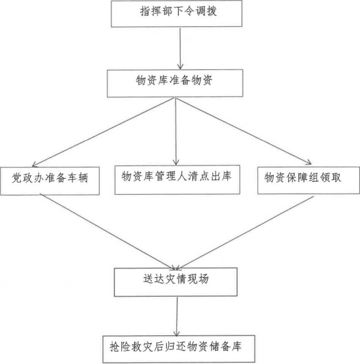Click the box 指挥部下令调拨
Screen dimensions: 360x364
(x=177, y=14)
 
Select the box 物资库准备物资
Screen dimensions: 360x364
(x=175, y=83)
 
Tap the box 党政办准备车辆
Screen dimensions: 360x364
(x=50, y=181)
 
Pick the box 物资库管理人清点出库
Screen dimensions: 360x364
(x=177, y=180)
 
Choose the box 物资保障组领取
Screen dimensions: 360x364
(x=309, y=180)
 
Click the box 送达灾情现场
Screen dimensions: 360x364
(x=176, y=282)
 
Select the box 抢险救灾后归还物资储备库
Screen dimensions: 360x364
(x=179, y=349)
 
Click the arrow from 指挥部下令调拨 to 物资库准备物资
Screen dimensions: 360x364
(x=180, y=49)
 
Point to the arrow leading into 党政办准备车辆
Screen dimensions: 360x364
(x=102, y=132)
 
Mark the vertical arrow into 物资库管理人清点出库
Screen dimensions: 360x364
(x=176, y=131)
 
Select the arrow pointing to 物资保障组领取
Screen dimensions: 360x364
(x=244, y=131)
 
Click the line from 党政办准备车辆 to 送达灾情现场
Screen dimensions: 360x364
(x=109, y=232)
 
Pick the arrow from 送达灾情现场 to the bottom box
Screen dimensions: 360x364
(x=177, y=316)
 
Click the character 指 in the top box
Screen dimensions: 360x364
(x=145, y=11)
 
